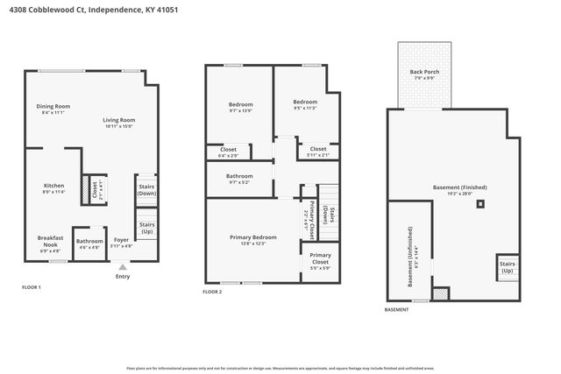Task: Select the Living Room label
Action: [119, 121]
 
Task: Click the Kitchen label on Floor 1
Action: [54, 186]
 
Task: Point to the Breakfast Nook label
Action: [50, 240]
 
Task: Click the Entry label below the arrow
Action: [122, 277]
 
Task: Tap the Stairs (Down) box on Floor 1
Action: [147, 189]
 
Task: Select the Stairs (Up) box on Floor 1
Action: [147, 227]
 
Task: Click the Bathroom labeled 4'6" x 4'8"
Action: [89, 243]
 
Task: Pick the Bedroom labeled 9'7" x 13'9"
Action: [239, 106]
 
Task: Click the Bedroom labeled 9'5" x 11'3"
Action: [305, 102]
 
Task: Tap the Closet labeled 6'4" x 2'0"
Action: [228, 151]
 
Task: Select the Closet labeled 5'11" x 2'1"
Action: [317, 151]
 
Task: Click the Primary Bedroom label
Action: [252, 238]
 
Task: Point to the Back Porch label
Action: [423, 74]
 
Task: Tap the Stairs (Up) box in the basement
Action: [507, 265]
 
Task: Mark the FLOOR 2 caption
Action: [212, 291]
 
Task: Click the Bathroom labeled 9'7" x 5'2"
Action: [239, 178]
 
